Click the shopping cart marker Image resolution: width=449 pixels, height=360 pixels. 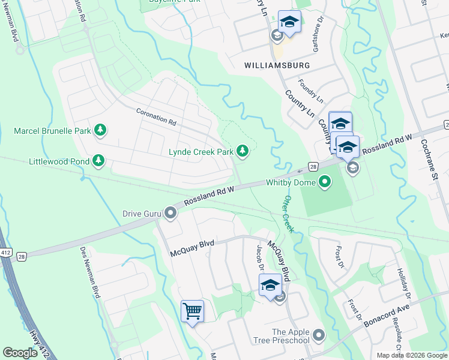193,311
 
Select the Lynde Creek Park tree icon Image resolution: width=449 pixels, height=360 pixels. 242,152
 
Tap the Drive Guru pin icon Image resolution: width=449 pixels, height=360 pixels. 172,213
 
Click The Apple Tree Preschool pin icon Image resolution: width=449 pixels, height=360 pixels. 318,335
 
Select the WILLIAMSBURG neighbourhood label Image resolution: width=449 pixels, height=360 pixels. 277,65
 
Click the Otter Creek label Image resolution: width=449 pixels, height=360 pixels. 288,214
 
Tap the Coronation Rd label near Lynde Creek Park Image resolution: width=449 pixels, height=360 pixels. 156,116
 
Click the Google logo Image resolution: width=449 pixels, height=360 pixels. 20,353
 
